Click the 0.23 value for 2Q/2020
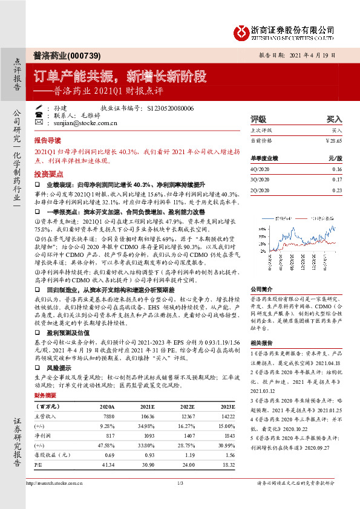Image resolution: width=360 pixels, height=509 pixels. point(337,190)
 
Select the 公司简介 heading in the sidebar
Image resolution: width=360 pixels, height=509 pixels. point(262,289)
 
